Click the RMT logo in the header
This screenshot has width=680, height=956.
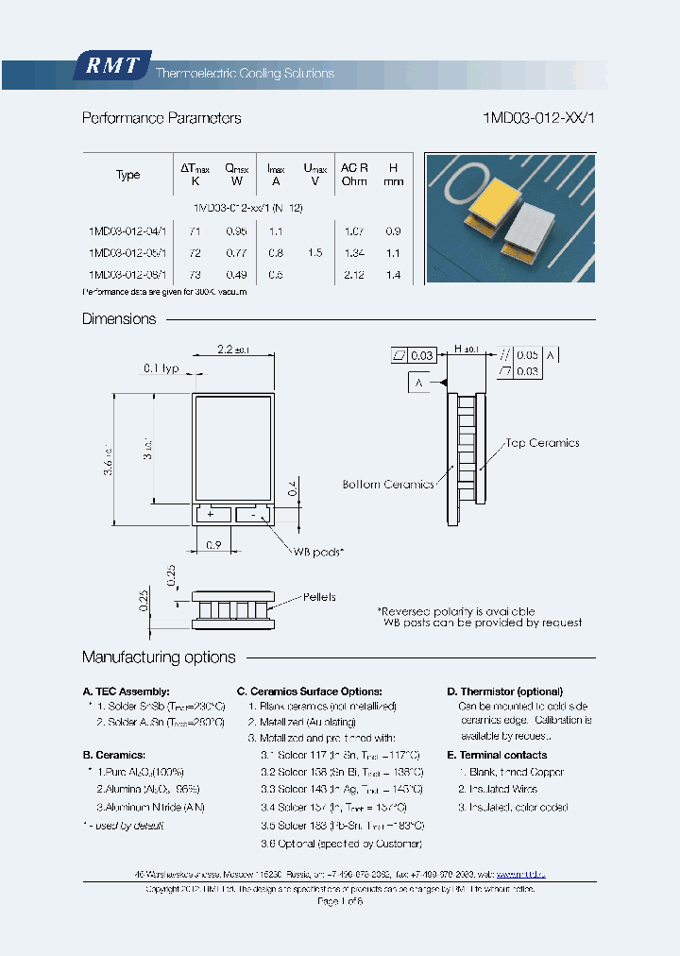point(111,67)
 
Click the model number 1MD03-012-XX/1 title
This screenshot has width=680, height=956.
point(538,118)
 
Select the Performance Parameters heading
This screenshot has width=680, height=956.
point(161,118)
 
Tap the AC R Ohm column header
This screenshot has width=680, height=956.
point(354,174)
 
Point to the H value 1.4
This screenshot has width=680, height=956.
point(394,275)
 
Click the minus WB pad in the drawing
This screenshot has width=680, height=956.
point(254,514)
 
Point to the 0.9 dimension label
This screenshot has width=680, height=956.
point(212,545)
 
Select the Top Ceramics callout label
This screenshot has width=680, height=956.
point(541,443)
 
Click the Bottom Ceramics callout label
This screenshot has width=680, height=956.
point(388,484)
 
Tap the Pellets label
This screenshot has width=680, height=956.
point(319,597)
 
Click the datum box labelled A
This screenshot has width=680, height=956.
point(419,383)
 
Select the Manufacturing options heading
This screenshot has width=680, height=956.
point(159,657)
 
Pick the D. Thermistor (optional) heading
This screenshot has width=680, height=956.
point(504,691)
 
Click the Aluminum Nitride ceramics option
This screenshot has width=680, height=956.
point(151,807)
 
